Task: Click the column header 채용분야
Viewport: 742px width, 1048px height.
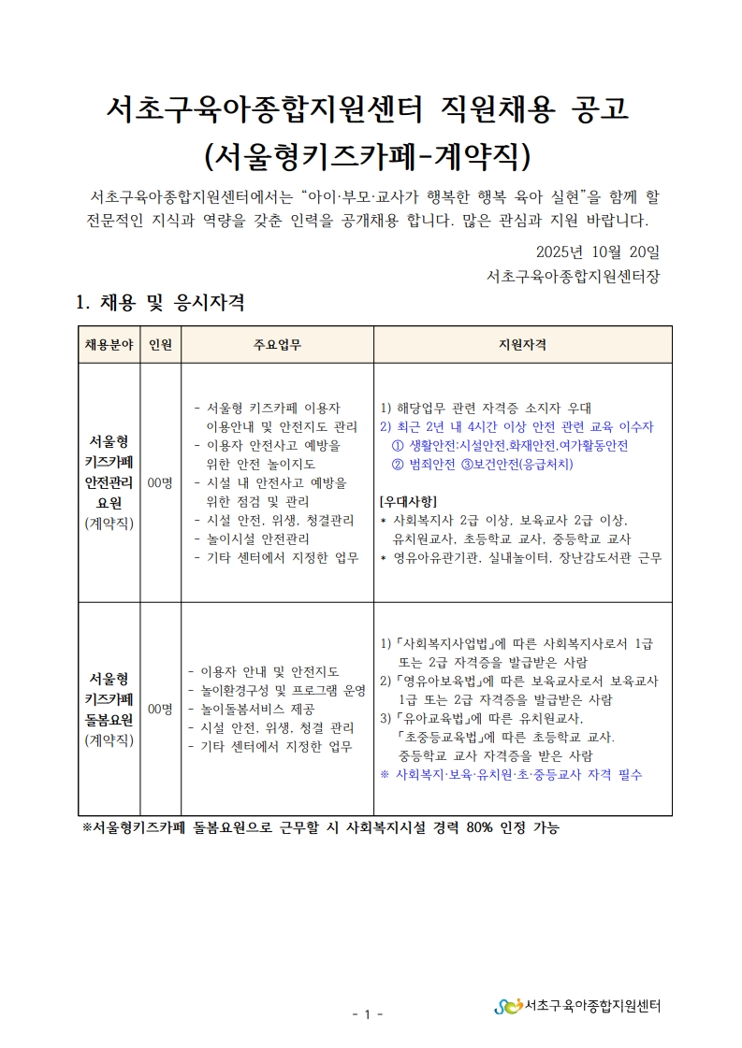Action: pyautogui.click(x=109, y=344)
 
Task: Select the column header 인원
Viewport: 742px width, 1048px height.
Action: pyautogui.click(x=160, y=344)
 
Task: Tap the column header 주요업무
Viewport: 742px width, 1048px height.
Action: pyautogui.click(x=277, y=344)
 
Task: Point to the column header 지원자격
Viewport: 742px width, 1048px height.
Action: pyautogui.click(x=522, y=344)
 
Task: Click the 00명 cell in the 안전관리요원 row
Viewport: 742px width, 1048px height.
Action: pyautogui.click(x=160, y=482)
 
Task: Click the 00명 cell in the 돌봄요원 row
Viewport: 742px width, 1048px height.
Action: pyautogui.click(x=160, y=710)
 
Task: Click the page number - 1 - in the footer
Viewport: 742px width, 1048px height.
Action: pyautogui.click(x=371, y=1014)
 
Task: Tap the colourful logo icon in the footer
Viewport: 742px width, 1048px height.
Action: pyautogui.click(x=508, y=1006)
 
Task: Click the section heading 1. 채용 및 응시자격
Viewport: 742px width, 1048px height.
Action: pyautogui.click(x=160, y=303)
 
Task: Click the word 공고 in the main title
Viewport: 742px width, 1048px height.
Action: pyautogui.click(x=599, y=108)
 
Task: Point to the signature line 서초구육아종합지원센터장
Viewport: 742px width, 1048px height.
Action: pyautogui.click(x=573, y=277)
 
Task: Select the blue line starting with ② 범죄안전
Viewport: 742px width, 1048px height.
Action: pyautogui.click(x=483, y=464)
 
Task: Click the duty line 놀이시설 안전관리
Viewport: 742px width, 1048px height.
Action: pyautogui.click(x=265, y=538)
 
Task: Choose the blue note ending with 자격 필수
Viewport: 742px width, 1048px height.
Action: pyautogui.click(x=511, y=775)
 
